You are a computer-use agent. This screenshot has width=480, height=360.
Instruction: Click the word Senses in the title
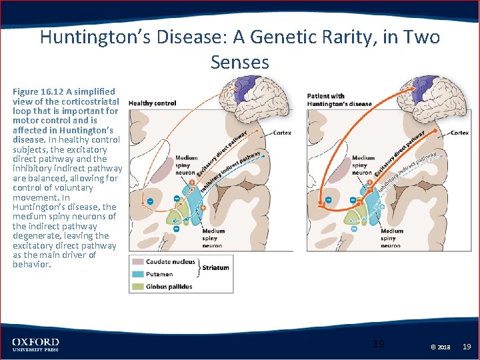(240, 62)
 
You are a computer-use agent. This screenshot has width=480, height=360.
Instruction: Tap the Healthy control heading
(153, 103)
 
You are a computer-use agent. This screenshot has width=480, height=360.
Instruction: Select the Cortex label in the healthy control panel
(282, 133)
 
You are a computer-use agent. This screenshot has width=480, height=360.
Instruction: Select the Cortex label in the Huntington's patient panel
(460, 133)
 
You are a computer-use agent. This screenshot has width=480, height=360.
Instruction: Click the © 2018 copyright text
(441, 347)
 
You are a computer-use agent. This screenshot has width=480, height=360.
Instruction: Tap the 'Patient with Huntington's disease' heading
(339, 100)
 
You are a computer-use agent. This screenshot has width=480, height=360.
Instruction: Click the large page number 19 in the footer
(379, 344)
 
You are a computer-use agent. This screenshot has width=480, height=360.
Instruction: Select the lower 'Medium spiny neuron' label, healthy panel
(213, 238)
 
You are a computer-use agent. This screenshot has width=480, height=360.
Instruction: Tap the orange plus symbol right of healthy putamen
(203, 208)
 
